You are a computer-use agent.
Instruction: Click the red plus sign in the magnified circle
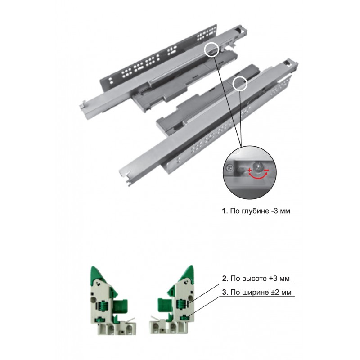click(250, 171)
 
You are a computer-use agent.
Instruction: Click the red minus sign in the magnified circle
click(266, 170)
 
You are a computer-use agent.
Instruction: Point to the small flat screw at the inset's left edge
click(230, 168)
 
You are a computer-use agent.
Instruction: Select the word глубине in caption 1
click(254, 211)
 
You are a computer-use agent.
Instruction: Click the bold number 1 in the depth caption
click(224, 211)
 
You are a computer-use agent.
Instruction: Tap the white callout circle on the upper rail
click(211, 49)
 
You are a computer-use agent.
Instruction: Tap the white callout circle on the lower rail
click(240, 84)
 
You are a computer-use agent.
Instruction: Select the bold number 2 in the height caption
click(224, 279)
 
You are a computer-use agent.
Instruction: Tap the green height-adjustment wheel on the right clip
click(181, 304)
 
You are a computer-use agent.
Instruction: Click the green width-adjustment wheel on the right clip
click(184, 318)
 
